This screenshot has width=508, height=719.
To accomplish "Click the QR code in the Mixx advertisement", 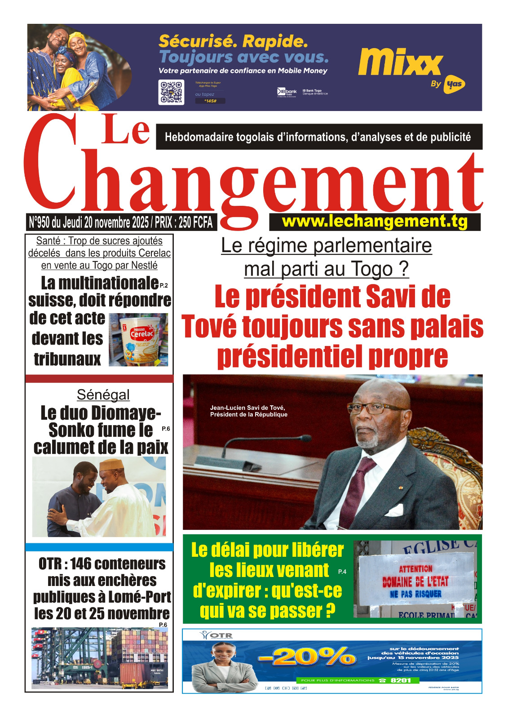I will pos(171,93).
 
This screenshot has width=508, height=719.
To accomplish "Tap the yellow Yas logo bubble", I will pos(454,84).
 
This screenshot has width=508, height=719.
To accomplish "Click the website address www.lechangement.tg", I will pos(375,222).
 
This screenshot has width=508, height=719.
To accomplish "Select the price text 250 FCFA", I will pos(195,222).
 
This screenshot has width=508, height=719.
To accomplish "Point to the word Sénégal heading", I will pos(103,395).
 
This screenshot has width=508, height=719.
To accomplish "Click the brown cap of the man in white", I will pos(111,465).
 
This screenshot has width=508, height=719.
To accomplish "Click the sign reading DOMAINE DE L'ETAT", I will pos(415,582).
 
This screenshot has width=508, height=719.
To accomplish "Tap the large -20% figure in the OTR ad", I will pos(307,657).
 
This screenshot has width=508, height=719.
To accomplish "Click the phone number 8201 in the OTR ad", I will pos(401,680).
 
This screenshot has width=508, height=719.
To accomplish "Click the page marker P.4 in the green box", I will pos(342,572).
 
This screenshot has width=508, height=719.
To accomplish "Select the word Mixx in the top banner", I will pos(400,62).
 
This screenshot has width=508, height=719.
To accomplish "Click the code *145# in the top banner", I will pos(210,101).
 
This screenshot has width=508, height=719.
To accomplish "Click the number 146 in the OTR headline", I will pos(81,564).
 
